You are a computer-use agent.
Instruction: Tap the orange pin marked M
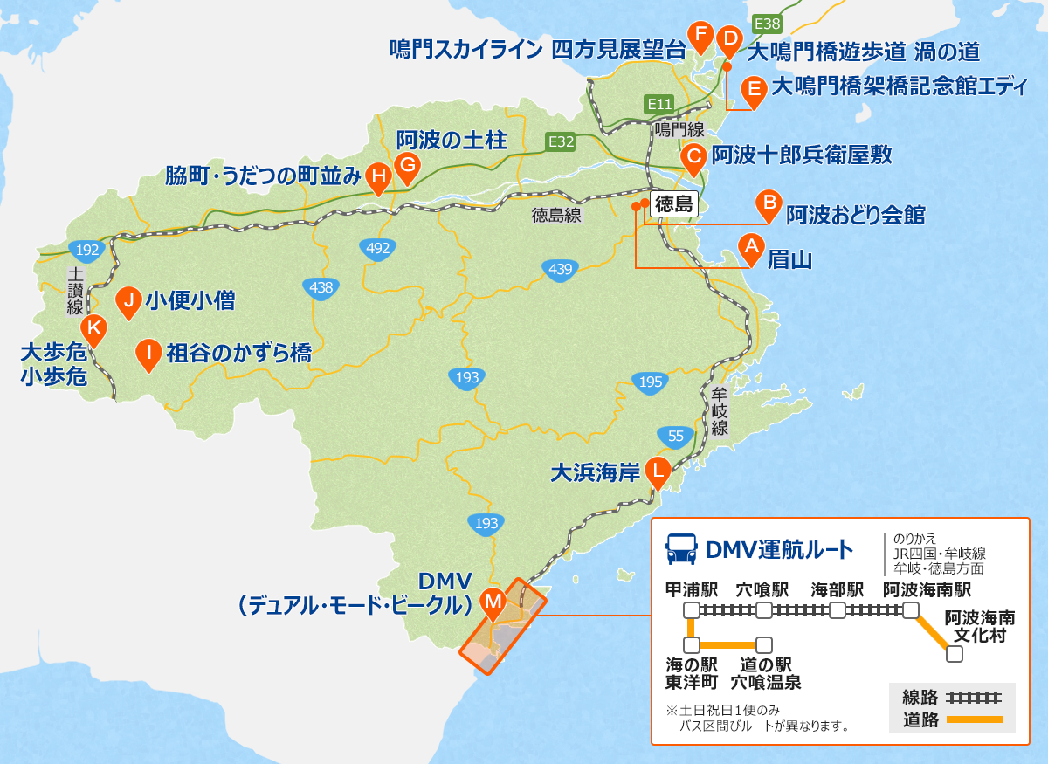pos(493,601)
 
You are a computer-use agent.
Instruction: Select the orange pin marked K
pos(93,329)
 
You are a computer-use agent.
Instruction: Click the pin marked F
pos(700,35)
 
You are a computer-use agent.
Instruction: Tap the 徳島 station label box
pos(673,205)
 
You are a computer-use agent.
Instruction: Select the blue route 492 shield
pos(378,249)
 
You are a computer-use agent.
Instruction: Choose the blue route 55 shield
pos(675,436)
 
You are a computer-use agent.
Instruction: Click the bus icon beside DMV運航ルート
pos(681,549)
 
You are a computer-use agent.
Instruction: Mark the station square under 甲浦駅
pos(691,609)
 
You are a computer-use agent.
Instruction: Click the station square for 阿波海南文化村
pos(955,653)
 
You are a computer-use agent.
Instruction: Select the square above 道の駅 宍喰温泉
pos(764,645)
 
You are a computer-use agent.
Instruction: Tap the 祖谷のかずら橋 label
pos(238,353)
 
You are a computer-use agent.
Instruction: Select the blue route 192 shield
pos(87,251)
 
